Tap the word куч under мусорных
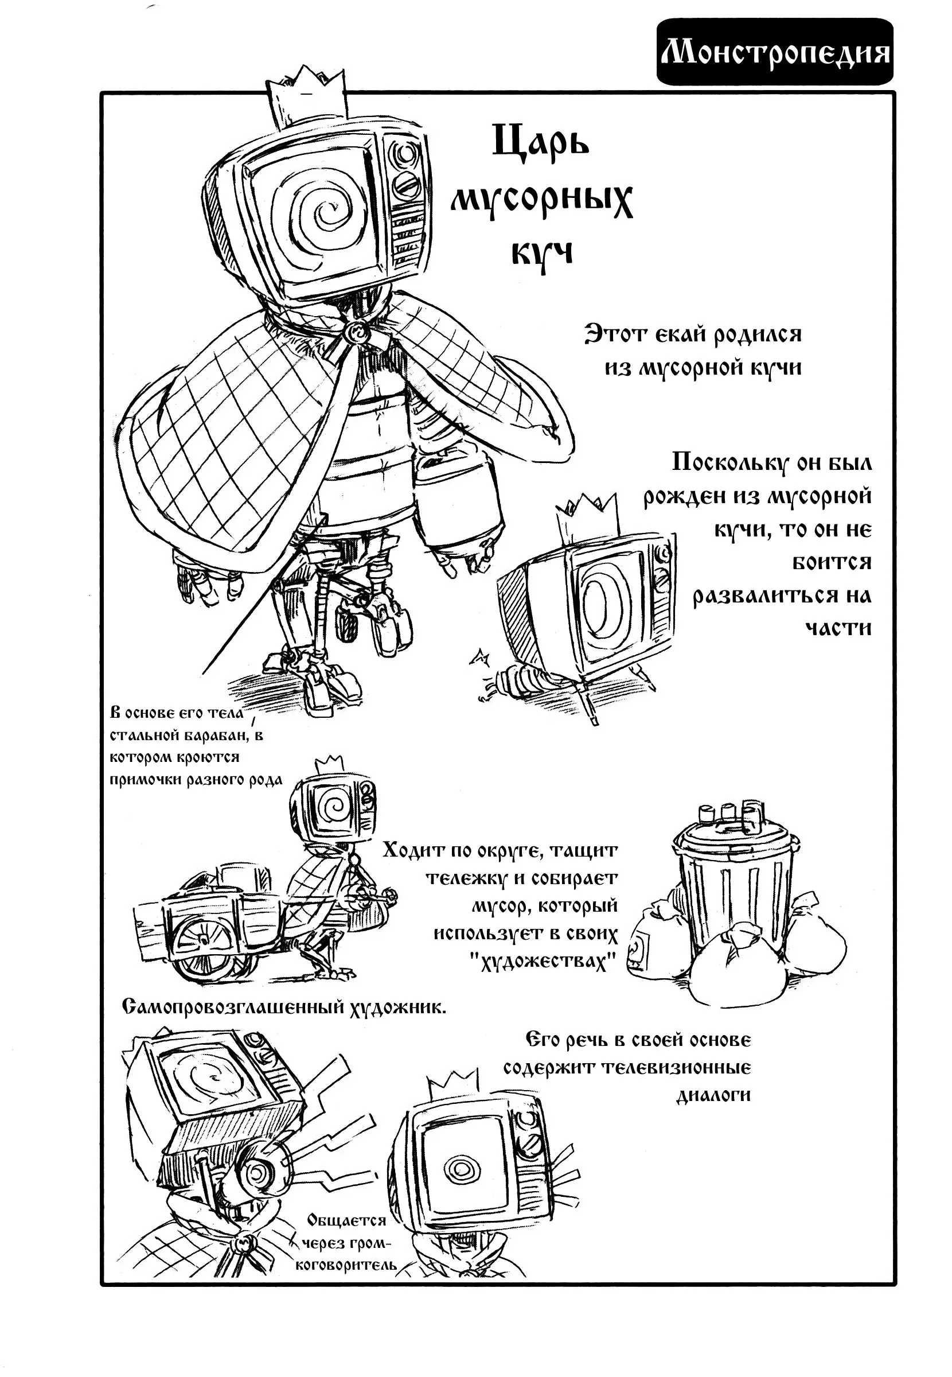(541, 254)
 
